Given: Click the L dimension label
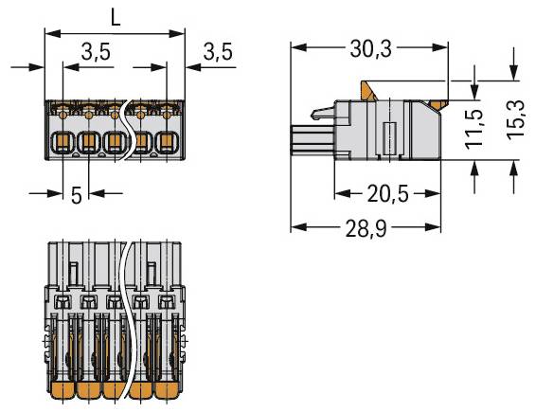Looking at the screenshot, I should point(114,16).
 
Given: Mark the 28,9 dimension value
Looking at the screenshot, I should point(367,228).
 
